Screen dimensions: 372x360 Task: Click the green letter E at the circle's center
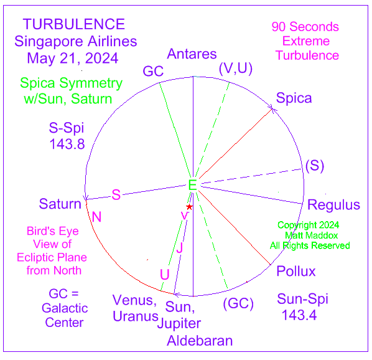click(x=192, y=185)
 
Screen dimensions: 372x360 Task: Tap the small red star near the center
click(x=189, y=207)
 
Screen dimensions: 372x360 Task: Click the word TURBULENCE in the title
click(x=74, y=24)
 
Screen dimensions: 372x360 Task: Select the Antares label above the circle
click(x=192, y=54)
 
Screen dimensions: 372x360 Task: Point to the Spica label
click(x=294, y=98)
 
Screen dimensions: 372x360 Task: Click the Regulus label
click(x=333, y=205)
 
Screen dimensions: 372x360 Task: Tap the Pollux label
click(x=296, y=271)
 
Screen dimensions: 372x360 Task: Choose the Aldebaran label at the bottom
click(x=200, y=341)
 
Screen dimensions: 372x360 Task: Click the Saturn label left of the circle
click(x=60, y=204)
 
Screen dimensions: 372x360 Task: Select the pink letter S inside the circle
click(x=116, y=195)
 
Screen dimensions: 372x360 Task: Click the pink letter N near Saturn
click(x=96, y=217)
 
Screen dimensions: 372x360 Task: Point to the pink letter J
click(x=180, y=248)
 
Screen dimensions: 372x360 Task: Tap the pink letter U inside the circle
click(x=165, y=275)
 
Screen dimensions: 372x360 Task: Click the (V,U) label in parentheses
click(x=236, y=69)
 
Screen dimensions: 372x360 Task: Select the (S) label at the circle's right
click(x=315, y=166)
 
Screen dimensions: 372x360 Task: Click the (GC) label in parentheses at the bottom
click(x=238, y=303)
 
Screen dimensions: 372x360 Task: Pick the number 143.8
click(x=67, y=144)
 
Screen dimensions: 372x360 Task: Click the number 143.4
click(x=299, y=315)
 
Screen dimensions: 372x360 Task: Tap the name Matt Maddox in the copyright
click(x=311, y=235)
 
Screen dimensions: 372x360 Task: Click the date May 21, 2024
click(x=73, y=58)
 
